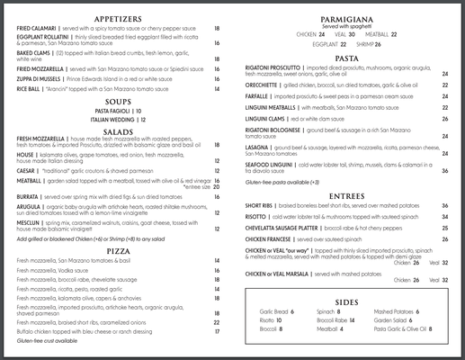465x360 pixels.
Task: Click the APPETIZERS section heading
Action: click(x=120, y=16)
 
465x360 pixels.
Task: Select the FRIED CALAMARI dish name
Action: click(x=37, y=29)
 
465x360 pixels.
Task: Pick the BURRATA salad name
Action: click(x=29, y=194)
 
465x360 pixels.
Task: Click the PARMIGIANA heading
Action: click(x=347, y=19)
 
